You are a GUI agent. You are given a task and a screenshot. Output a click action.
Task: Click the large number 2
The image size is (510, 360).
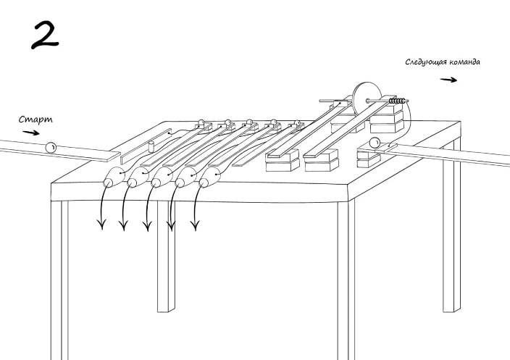(45, 34)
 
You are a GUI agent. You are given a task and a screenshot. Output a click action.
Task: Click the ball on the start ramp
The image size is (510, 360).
(51, 147)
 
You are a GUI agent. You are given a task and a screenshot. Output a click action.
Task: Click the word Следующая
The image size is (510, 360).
(427, 62)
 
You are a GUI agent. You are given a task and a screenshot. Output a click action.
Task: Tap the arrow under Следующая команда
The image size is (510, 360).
(449, 80)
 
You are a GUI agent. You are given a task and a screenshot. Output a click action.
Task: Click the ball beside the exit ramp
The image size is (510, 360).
(375, 142)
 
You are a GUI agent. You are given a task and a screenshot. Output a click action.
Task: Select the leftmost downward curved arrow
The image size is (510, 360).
(102, 210)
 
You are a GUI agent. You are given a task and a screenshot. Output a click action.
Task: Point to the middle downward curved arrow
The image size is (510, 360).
(147, 212)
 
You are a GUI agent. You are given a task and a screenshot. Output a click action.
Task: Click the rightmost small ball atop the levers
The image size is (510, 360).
(297, 124)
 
